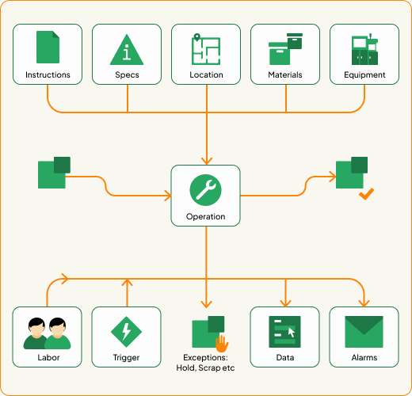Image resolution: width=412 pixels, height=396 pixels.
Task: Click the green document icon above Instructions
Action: [48, 48]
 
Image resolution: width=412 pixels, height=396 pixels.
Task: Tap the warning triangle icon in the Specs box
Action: [127, 49]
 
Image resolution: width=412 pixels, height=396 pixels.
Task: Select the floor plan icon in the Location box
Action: [206, 49]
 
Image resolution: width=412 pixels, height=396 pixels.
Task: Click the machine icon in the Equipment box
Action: [364, 49]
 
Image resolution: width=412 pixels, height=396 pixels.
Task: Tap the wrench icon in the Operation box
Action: [205, 188]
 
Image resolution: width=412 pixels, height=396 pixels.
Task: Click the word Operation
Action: [205, 216]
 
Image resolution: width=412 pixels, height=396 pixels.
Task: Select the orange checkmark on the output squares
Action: [366, 194]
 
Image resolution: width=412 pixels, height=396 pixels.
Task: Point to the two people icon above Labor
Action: [48, 333]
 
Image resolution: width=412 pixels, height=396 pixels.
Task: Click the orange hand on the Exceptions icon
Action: [223, 343]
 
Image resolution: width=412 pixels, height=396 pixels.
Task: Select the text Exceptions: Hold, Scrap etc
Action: [205, 363]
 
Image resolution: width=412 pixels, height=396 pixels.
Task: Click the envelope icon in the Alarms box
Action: [364, 331]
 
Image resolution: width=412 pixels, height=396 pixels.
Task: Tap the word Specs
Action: [127, 75]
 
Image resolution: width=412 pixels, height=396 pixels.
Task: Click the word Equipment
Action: [364, 75]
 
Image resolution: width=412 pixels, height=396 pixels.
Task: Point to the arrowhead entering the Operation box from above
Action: [206, 160]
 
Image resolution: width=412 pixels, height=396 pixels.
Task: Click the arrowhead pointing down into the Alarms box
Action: [364, 302]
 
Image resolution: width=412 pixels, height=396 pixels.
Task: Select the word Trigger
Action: [127, 358]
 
